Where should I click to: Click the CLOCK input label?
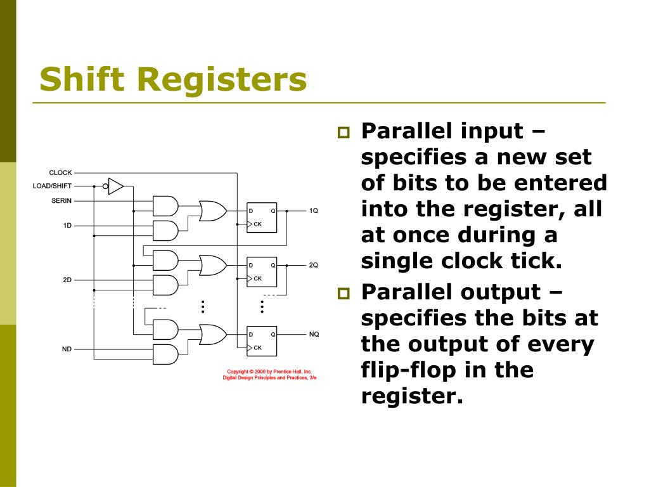[60, 172]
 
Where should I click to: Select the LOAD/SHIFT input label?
[52, 186]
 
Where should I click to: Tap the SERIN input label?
[61, 200]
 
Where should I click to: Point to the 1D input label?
[67, 225]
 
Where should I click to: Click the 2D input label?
[67, 280]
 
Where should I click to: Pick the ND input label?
[67, 348]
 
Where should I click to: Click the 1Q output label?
[314, 211]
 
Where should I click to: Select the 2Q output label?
[314, 265]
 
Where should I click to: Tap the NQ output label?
[314, 334]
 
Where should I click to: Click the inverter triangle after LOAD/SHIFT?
[115, 186]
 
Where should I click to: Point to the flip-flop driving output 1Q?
[262, 218]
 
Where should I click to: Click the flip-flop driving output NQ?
[262, 341]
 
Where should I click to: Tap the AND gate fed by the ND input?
[165, 354]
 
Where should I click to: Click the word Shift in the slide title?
[79, 80]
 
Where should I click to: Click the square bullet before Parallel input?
[344, 133]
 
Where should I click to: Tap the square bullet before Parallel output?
[344, 294]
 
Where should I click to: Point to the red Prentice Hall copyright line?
[269, 372]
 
